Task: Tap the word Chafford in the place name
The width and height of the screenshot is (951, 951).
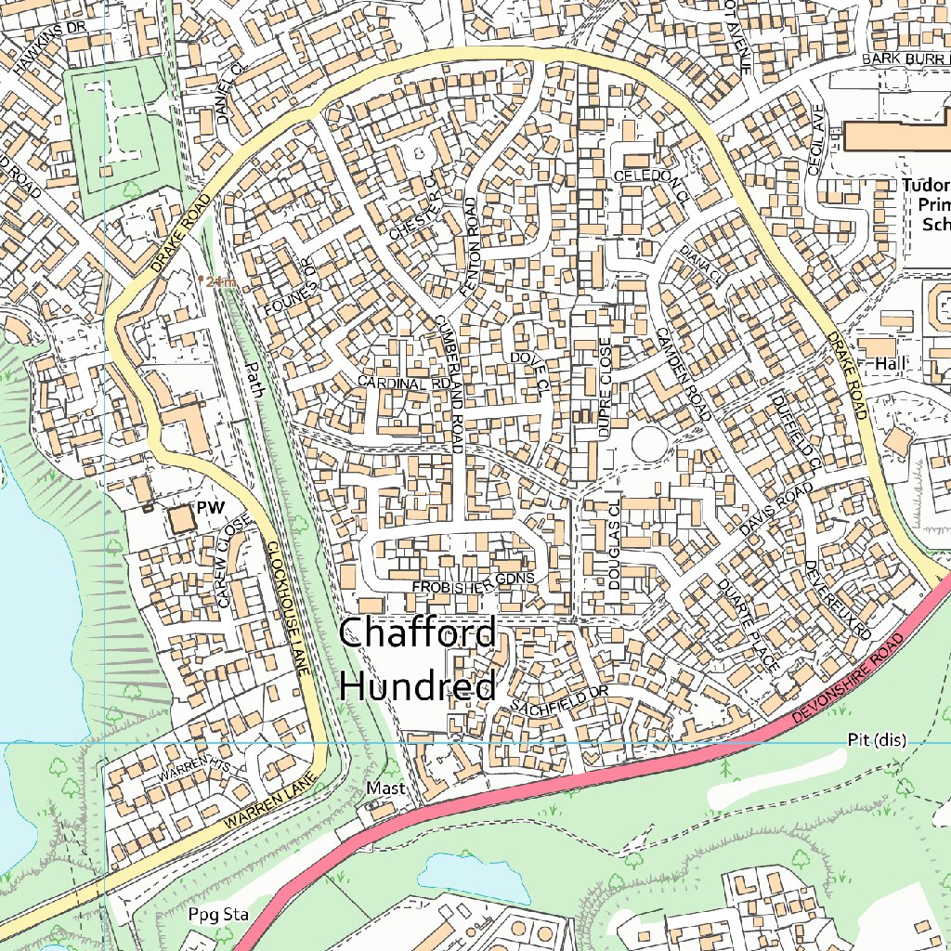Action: [418, 634]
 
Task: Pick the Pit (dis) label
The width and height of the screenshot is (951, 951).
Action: [876, 740]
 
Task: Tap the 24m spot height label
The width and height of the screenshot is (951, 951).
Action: [221, 281]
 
